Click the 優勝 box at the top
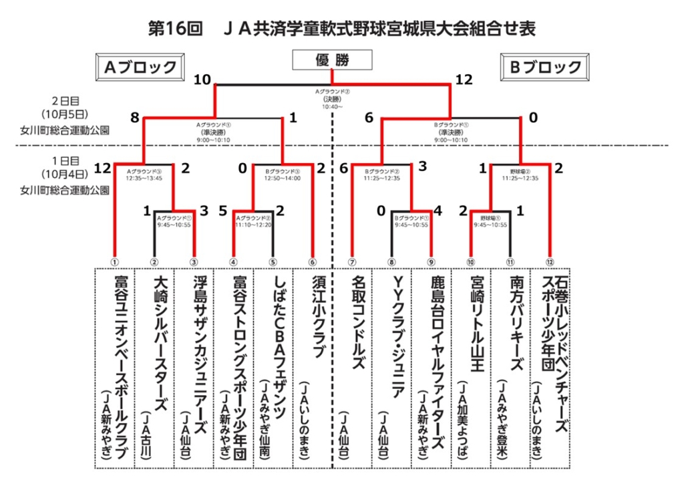coord(332,60)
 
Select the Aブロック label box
coord(140,67)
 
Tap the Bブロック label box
coord(546,67)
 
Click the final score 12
coord(464,80)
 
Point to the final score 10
coord(202,80)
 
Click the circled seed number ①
coord(115,261)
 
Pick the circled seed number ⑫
coord(550,261)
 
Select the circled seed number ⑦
coord(352,261)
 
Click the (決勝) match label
coord(333,99)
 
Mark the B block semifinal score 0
coord(533,118)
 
